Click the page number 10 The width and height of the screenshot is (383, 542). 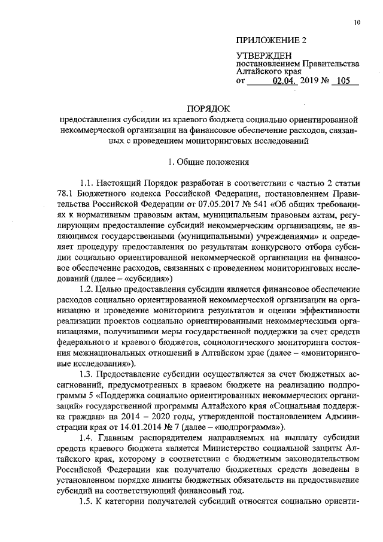357,23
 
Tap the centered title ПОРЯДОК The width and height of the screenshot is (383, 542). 209,109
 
